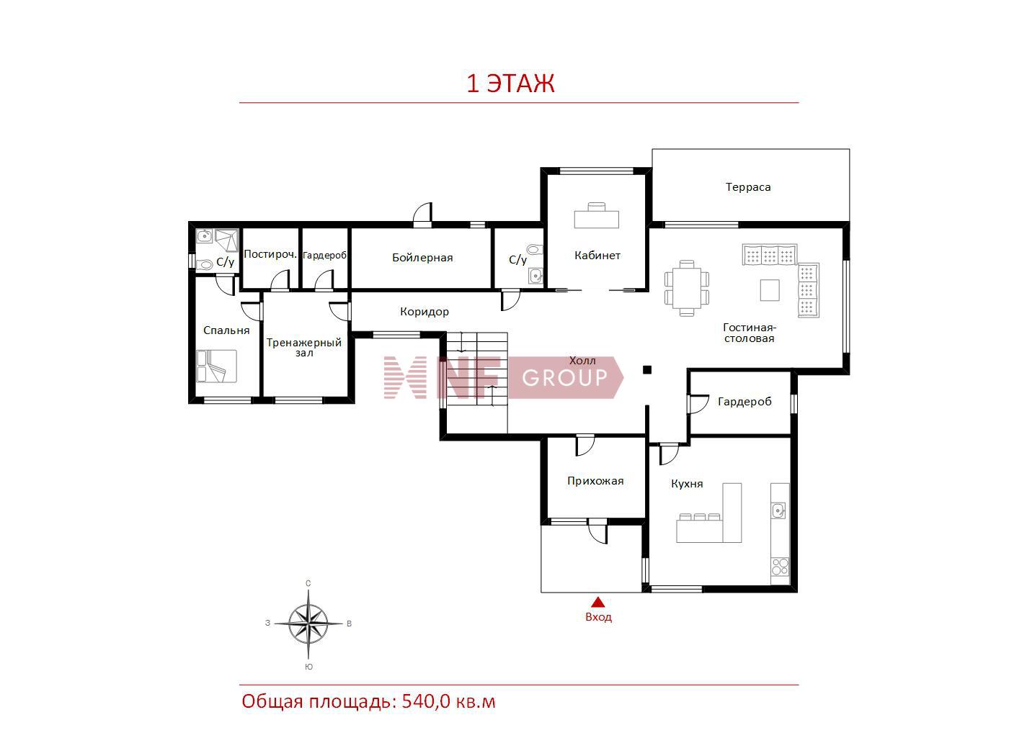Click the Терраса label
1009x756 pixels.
pyautogui.click(x=748, y=186)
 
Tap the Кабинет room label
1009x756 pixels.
pyautogui.click(x=597, y=255)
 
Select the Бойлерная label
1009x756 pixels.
pyautogui.click(x=422, y=258)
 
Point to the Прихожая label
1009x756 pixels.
pyautogui.click(x=595, y=480)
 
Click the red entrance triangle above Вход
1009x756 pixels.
pyautogui.click(x=597, y=602)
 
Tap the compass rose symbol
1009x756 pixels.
pyautogui.click(x=308, y=624)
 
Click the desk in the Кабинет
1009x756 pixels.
pyautogui.click(x=596, y=215)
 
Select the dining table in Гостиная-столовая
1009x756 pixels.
pyautogui.click(x=686, y=288)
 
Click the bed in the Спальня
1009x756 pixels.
pyautogui.click(x=216, y=366)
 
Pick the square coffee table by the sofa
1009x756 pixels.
pyautogui.click(x=769, y=290)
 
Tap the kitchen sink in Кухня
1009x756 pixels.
pyautogui.click(x=778, y=510)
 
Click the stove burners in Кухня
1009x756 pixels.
pyautogui.click(x=780, y=566)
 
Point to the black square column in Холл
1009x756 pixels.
pyautogui.click(x=646, y=369)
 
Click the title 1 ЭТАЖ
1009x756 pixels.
pyautogui.click(x=510, y=84)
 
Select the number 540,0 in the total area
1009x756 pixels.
pyautogui.click(x=425, y=702)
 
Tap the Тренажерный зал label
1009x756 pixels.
pyautogui.click(x=304, y=348)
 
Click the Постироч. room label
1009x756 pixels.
pyautogui.click(x=270, y=254)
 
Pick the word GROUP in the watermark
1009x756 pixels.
pyautogui.click(x=564, y=378)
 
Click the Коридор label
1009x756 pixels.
pyautogui.click(x=425, y=312)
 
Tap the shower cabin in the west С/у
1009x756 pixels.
pyautogui.click(x=227, y=240)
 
